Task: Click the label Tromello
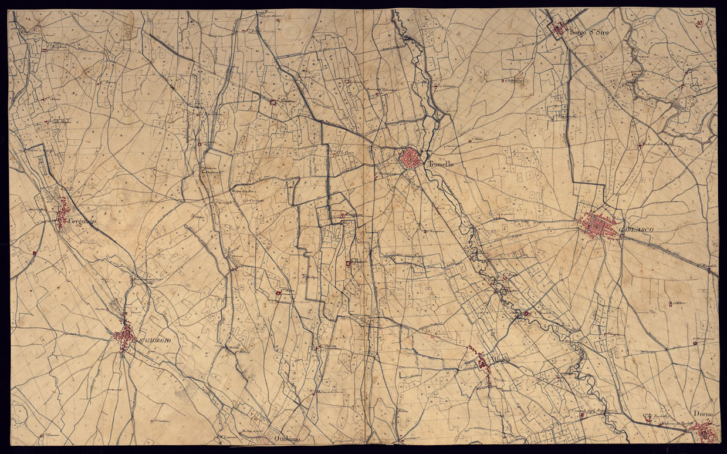[440, 164]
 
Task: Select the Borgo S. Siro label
[588, 33]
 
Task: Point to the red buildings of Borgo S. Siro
[558, 28]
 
